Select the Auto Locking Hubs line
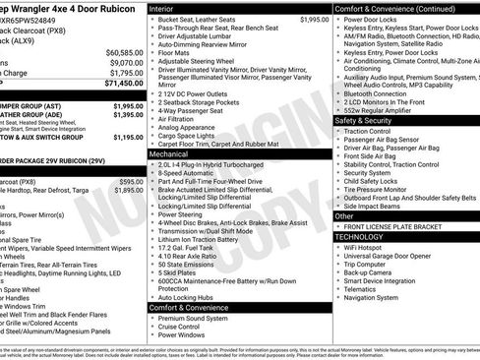point(187,295)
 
